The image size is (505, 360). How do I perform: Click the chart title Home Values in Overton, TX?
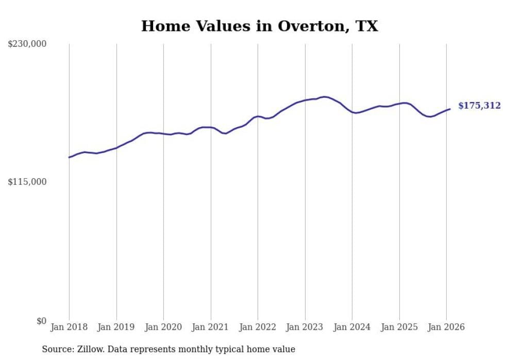259,26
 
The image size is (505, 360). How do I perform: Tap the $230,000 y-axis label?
27,44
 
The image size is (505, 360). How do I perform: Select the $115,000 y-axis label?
27,182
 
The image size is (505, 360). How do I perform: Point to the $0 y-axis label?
41,321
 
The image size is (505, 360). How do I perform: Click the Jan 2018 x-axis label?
69,327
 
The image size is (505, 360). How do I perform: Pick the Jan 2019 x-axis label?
116,327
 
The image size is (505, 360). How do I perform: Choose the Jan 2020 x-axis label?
163,327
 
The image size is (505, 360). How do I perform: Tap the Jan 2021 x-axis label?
210,327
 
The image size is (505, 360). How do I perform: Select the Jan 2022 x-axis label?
258,327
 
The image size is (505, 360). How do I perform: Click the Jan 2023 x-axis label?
305,327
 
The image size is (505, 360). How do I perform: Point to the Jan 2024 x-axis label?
352,327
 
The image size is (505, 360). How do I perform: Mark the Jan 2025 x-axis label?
399,327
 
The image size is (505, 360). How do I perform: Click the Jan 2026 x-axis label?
446,327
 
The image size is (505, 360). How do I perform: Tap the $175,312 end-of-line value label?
479,106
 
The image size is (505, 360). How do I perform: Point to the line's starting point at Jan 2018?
70,157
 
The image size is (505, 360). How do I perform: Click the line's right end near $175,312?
450,109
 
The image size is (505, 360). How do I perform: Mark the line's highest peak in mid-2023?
324,96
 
